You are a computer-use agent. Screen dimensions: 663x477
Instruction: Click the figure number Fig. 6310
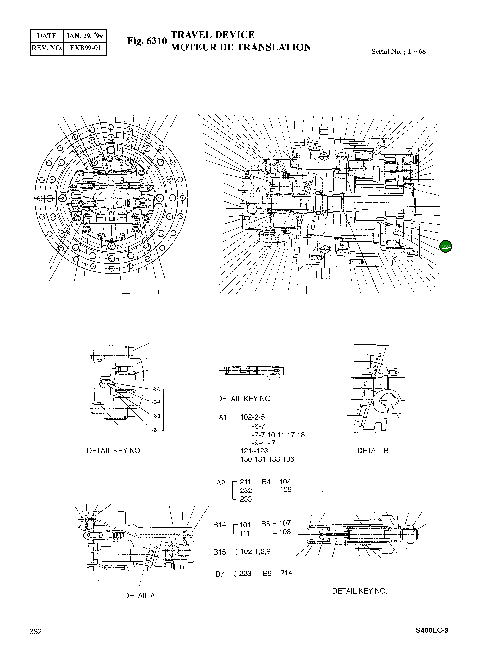[147, 41]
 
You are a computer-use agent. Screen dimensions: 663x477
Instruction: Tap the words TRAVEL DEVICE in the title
[213, 35]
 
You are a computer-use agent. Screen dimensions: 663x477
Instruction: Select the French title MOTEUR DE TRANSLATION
[241, 47]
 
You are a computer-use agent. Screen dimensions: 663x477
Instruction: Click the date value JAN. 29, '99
[84, 36]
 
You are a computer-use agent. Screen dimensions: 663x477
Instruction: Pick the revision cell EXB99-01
[85, 48]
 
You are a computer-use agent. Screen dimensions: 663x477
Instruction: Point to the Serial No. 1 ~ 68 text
[398, 52]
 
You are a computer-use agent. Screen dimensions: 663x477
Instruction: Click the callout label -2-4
[156, 402]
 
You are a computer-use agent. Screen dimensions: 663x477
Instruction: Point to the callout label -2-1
[156, 430]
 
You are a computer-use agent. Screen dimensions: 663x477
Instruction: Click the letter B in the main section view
[325, 175]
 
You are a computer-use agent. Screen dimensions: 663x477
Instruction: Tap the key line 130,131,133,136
[267, 459]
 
